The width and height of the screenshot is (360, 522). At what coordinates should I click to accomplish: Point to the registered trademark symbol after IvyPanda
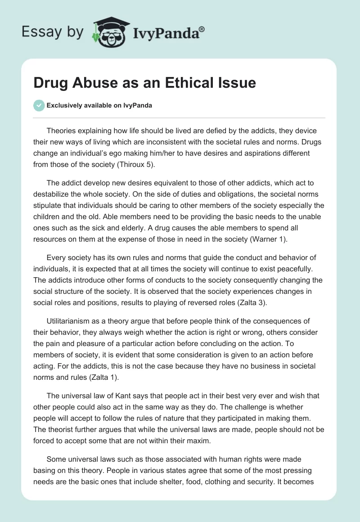click(x=202, y=29)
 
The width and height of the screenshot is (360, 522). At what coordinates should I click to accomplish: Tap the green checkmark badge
click(x=38, y=105)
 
